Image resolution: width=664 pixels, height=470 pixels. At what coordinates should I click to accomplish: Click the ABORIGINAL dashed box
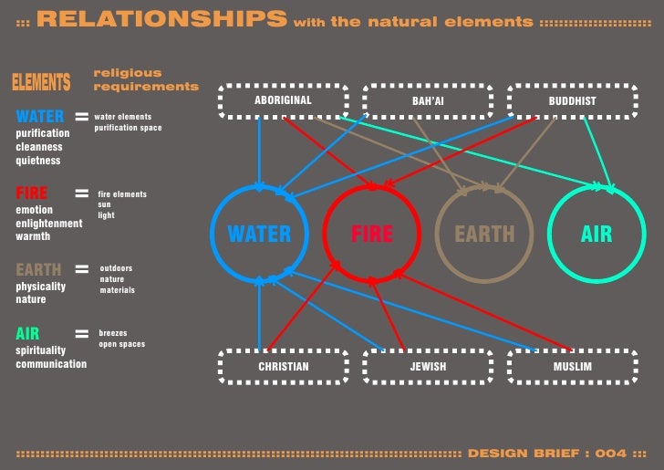[x=283, y=100]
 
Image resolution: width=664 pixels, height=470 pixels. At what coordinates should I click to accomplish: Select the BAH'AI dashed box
[x=428, y=100]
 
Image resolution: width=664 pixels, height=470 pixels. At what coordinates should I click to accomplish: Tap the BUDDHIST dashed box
[x=572, y=100]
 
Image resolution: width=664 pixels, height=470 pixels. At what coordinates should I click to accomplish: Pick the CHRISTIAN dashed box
[x=283, y=367]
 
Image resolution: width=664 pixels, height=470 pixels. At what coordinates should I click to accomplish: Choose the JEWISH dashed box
[x=428, y=367]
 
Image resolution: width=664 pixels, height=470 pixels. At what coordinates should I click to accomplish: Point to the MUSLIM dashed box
[x=572, y=367]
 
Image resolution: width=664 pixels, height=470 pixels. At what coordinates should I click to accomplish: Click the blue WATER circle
[x=259, y=234]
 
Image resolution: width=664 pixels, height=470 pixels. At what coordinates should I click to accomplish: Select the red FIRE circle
[x=372, y=234]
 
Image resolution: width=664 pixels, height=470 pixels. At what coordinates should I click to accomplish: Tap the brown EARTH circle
[x=484, y=234]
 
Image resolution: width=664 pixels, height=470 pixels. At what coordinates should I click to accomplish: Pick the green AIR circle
[x=597, y=234]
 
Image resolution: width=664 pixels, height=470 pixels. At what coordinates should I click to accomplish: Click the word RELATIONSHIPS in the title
[x=161, y=19]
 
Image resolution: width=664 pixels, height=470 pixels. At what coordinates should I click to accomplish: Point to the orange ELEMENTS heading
[x=41, y=83]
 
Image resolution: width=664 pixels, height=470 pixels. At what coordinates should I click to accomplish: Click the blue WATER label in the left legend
[x=40, y=117]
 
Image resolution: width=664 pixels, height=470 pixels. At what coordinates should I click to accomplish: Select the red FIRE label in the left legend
[x=31, y=193]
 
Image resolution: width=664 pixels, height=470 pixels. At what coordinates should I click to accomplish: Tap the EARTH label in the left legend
[x=38, y=270]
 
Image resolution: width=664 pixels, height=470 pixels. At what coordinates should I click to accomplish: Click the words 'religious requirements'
[x=145, y=79]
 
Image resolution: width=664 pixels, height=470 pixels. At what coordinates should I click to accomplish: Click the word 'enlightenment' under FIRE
[x=48, y=224]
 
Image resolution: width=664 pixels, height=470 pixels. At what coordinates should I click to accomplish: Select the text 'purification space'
[x=128, y=129]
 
